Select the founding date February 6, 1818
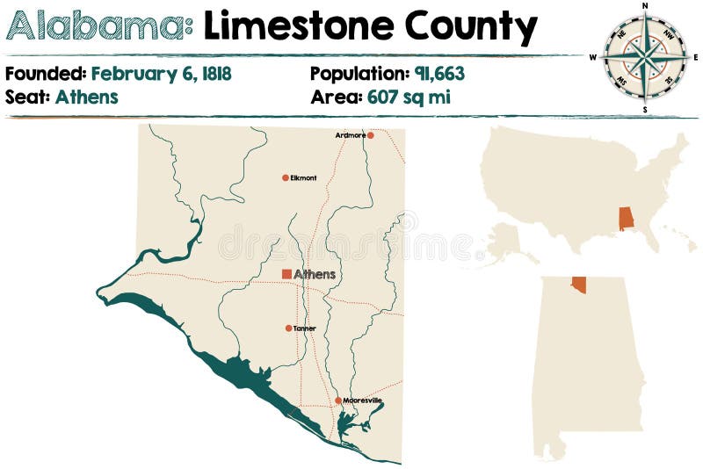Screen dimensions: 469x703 [x=162, y=74]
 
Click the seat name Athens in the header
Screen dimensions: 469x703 [x=86, y=97]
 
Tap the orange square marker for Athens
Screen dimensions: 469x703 [x=286, y=274]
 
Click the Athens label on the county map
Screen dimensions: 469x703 [x=315, y=274]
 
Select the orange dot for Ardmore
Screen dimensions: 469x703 [x=371, y=135]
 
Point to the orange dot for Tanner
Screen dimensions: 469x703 [x=288, y=328]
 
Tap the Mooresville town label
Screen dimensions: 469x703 [x=363, y=400]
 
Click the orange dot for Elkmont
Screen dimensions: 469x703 [x=286, y=177]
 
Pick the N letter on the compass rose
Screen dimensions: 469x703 [x=645, y=5]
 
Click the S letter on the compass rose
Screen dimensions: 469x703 [x=645, y=110]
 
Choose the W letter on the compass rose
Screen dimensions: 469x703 [x=593, y=57]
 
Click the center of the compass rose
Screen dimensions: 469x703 [x=645, y=57]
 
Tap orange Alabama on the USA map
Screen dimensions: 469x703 [x=626, y=219]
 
